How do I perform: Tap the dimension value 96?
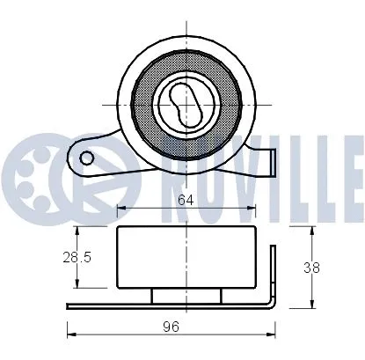(x=172, y=326)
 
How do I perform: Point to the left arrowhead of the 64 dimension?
(x=120, y=209)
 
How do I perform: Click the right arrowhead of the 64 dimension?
(x=252, y=209)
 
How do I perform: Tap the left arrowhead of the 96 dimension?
(x=70, y=334)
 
